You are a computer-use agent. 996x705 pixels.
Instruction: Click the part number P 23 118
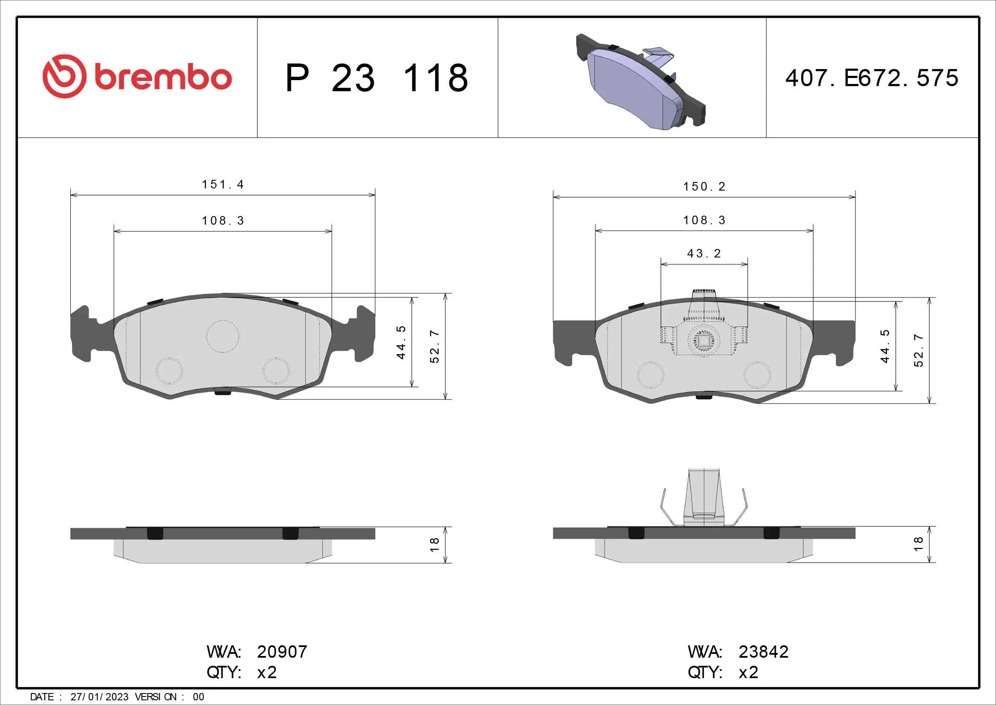tap(376, 78)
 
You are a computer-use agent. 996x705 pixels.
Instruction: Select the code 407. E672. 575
tap(872, 78)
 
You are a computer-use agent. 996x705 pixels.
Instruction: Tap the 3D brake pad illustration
tap(640, 83)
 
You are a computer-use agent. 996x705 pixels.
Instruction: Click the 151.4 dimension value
tap(223, 185)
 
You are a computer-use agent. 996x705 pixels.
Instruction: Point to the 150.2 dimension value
tap(704, 187)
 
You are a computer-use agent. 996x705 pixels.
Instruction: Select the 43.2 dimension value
tap(703, 254)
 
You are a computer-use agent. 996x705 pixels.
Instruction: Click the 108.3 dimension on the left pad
tap(223, 221)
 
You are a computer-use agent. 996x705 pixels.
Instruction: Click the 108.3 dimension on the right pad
tap(704, 220)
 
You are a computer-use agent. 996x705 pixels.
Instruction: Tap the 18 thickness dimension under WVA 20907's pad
tap(434, 545)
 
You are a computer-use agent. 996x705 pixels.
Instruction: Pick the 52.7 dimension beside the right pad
tap(919, 350)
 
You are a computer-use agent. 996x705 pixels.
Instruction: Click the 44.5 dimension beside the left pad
tap(401, 342)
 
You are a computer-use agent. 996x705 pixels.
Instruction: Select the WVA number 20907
tap(282, 652)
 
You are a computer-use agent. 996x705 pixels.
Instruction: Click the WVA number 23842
tap(763, 652)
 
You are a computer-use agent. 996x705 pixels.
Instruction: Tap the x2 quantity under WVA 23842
tap(748, 673)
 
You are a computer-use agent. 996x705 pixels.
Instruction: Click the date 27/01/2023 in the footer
tap(99, 697)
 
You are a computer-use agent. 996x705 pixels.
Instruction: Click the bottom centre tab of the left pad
tap(223, 391)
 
